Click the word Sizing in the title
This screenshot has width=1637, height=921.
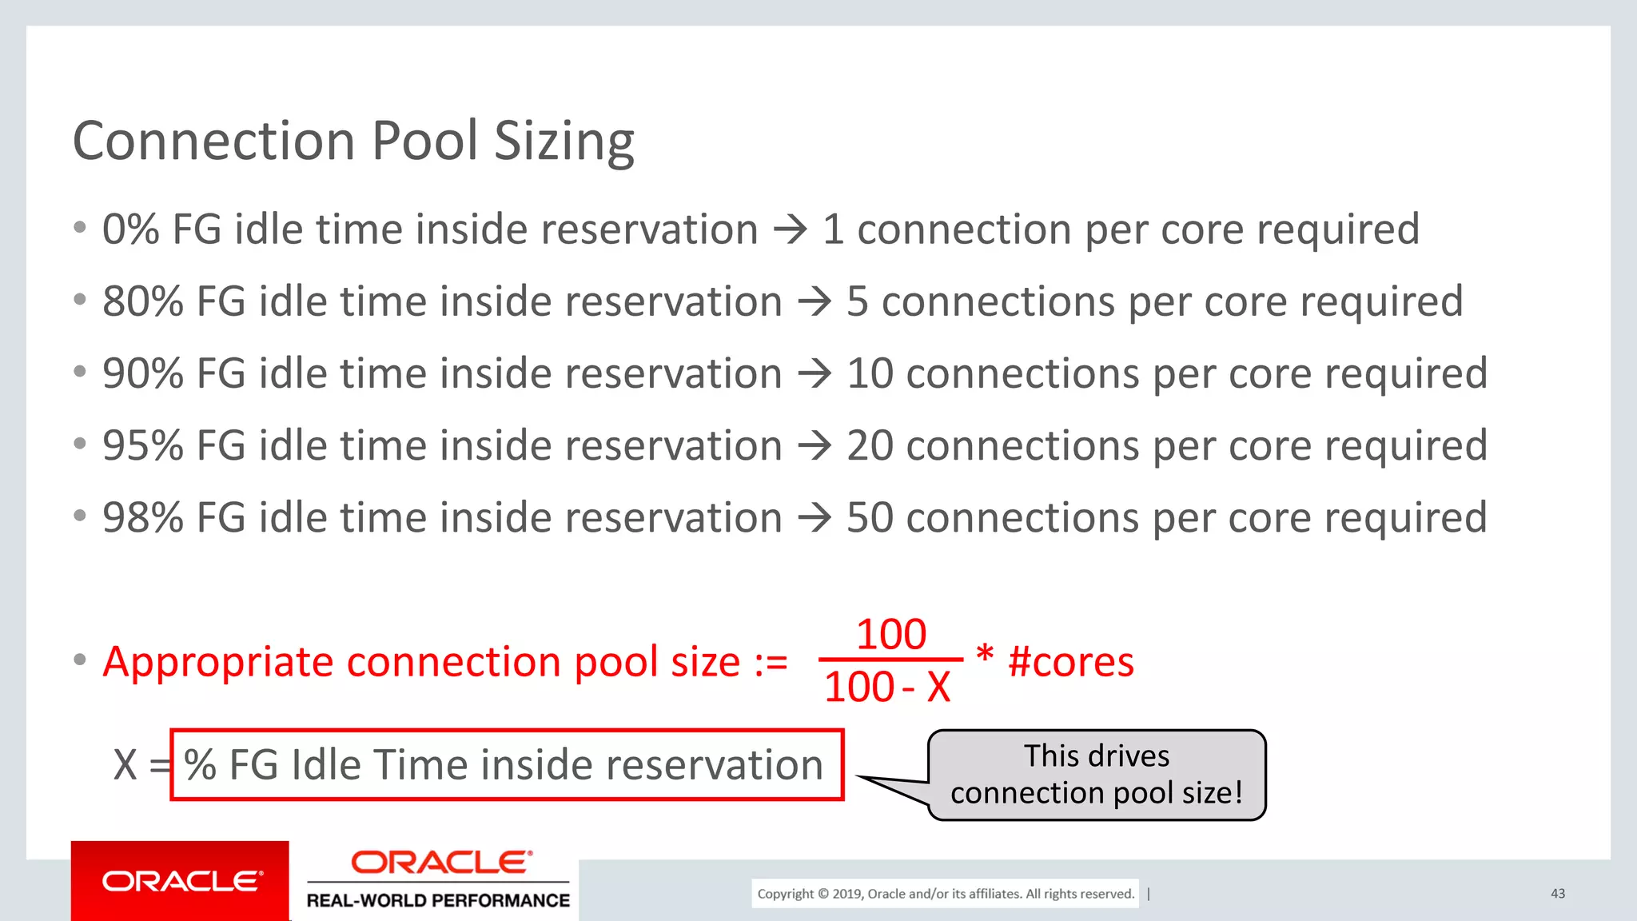click(x=564, y=142)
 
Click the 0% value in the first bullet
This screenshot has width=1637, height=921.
click(x=131, y=230)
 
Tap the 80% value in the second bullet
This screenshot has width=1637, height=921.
click(x=143, y=302)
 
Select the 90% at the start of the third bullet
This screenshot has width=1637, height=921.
click(x=143, y=374)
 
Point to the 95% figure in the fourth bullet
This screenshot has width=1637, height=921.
click(x=143, y=446)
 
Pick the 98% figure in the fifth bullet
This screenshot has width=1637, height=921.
click(x=143, y=518)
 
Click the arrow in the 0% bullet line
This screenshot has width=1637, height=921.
click(x=791, y=230)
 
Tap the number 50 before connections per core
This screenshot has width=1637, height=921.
click(x=870, y=518)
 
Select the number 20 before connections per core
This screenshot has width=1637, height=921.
click(x=870, y=446)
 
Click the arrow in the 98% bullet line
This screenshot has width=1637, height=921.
click(x=815, y=518)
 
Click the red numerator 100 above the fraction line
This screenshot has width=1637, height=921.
click(x=891, y=635)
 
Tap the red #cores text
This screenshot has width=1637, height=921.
click(x=1071, y=663)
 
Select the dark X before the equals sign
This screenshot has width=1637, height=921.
click(x=125, y=765)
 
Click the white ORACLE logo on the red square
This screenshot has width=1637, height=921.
click(x=181, y=881)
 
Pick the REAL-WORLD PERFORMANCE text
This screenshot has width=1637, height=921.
click(x=438, y=901)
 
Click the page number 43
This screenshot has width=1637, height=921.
click(x=1557, y=894)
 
